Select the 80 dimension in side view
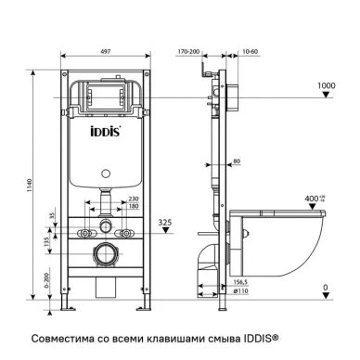coord(238,161)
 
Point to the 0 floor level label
coord(325,288)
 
